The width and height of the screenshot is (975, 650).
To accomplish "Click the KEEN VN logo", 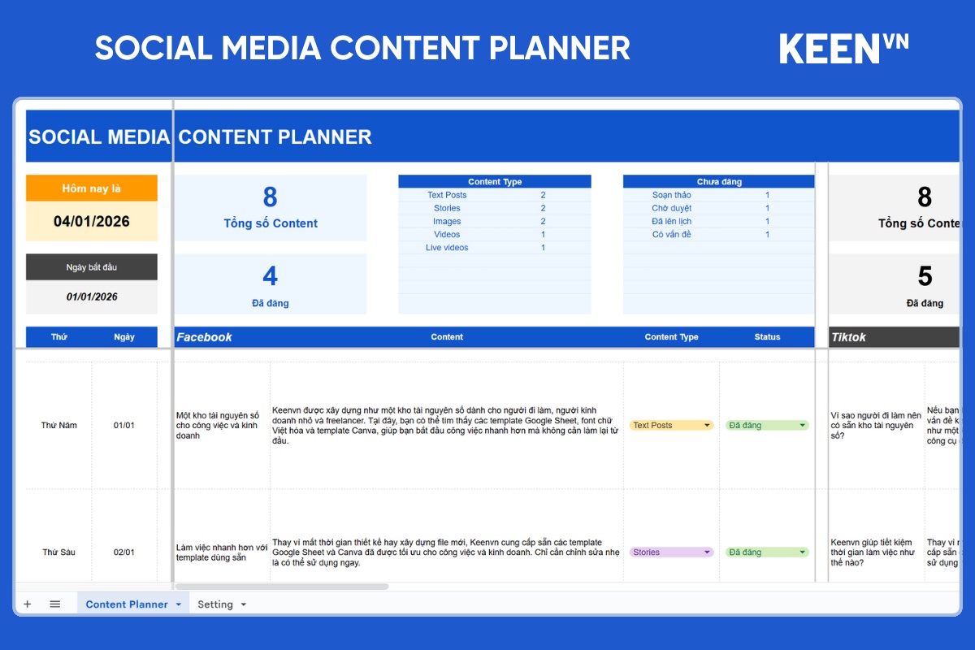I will pyautogui.click(x=843, y=48).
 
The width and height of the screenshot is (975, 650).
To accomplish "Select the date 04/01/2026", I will pyautogui.click(x=92, y=221).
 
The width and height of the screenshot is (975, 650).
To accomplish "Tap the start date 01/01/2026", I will pyautogui.click(x=92, y=297).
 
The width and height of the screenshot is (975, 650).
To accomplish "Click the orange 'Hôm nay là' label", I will pyautogui.click(x=92, y=188).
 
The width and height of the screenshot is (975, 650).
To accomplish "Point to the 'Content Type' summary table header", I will pyautogui.click(x=495, y=182).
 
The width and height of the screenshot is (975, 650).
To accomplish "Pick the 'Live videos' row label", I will pyautogui.click(x=447, y=248).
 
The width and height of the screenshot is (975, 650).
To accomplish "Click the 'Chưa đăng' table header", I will pyautogui.click(x=719, y=182).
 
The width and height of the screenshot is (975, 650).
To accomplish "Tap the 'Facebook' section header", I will pyautogui.click(x=205, y=337).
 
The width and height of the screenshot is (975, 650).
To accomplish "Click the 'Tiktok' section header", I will pyautogui.click(x=848, y=337).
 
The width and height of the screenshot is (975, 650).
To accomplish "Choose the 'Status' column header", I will pyautogui.click(x=767, y=337).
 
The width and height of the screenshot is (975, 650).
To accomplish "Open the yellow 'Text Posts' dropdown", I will pyautogui.click(x=672, y=425).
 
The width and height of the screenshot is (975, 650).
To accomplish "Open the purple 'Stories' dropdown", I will pyautogui.click(x=672, y=552).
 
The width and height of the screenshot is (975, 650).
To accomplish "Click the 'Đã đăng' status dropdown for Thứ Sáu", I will pyautogui.click(x=767, y=552).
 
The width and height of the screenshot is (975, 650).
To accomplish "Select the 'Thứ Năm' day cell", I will pyautogui.click(x=59, y=425).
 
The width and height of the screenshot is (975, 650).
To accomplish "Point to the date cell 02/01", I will pyautogui.click(x=123, y=552).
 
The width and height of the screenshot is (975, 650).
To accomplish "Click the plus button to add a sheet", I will pyautogui.click(x=27, y=604).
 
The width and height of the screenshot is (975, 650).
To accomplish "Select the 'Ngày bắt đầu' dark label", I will pyautogui.click(x=92, y=267).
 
